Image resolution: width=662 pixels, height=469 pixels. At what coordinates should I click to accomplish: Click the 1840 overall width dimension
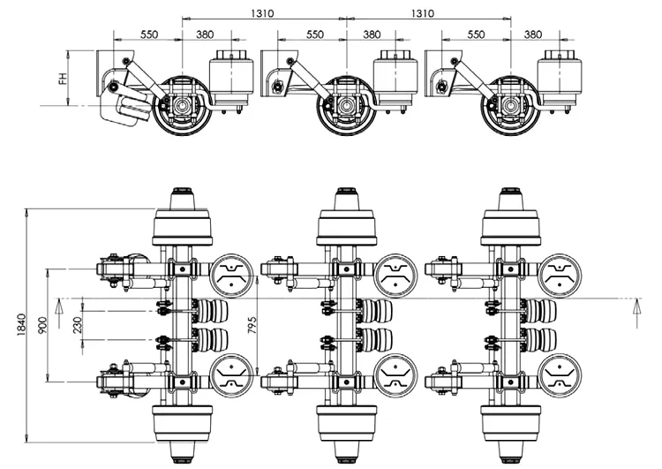coord(22,325)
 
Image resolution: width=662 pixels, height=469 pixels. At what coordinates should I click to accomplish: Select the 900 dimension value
coord(43,325)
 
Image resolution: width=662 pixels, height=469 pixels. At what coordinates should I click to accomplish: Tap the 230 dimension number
coord(78,325)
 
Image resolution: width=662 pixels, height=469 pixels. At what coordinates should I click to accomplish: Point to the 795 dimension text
coord(252,325)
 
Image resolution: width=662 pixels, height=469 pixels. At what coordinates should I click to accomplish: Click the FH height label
coord(63,79)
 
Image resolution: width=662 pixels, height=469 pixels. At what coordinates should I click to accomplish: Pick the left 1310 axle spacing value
coord(262,13)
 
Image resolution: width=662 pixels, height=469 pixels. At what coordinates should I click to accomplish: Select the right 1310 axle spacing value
coord(423,13)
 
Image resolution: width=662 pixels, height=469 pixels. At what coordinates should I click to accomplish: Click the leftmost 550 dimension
coord(149,34)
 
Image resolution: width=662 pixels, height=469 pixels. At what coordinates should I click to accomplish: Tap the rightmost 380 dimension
coord(533,34)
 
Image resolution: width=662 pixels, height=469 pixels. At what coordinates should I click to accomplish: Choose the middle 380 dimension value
coord(372,34)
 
